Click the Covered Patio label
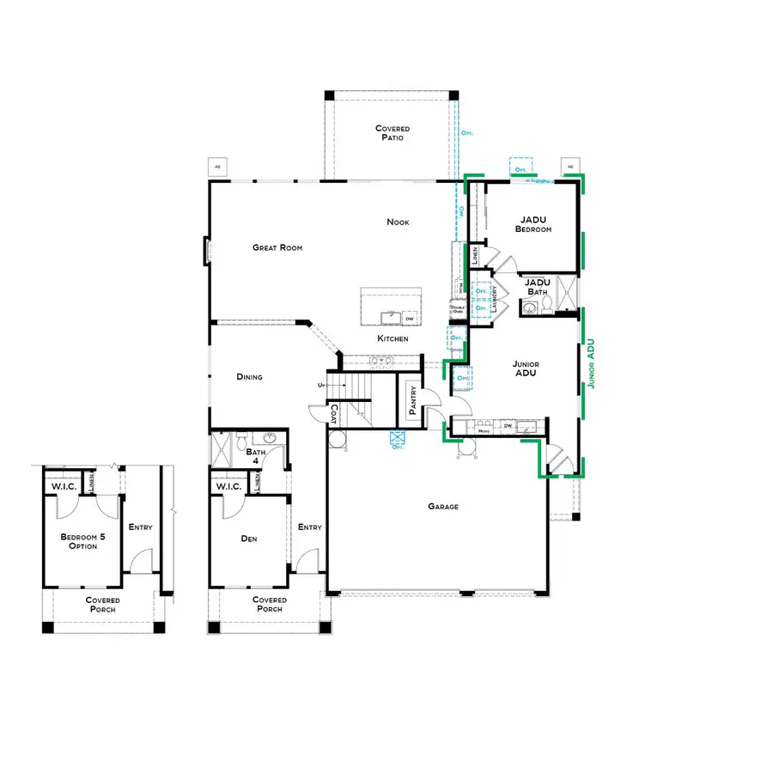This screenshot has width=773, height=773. tap(393, 132)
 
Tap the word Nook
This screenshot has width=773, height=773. tap(398, 222)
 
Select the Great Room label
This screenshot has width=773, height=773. tap(277, 247)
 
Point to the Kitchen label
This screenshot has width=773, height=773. tap(393, 338)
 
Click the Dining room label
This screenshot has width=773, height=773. tap(249, 376)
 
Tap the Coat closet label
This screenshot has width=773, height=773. tap(334, 414)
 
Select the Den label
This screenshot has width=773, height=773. tap(249, 539)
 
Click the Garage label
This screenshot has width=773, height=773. tap(443, 506)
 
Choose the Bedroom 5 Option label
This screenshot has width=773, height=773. tap(78, 541)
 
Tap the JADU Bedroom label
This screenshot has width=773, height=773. tap(533, 224)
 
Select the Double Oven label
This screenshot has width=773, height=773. tap(457, 309)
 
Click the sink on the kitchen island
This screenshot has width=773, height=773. tap(391, 316)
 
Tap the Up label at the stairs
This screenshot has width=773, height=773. tap(321, 385)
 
